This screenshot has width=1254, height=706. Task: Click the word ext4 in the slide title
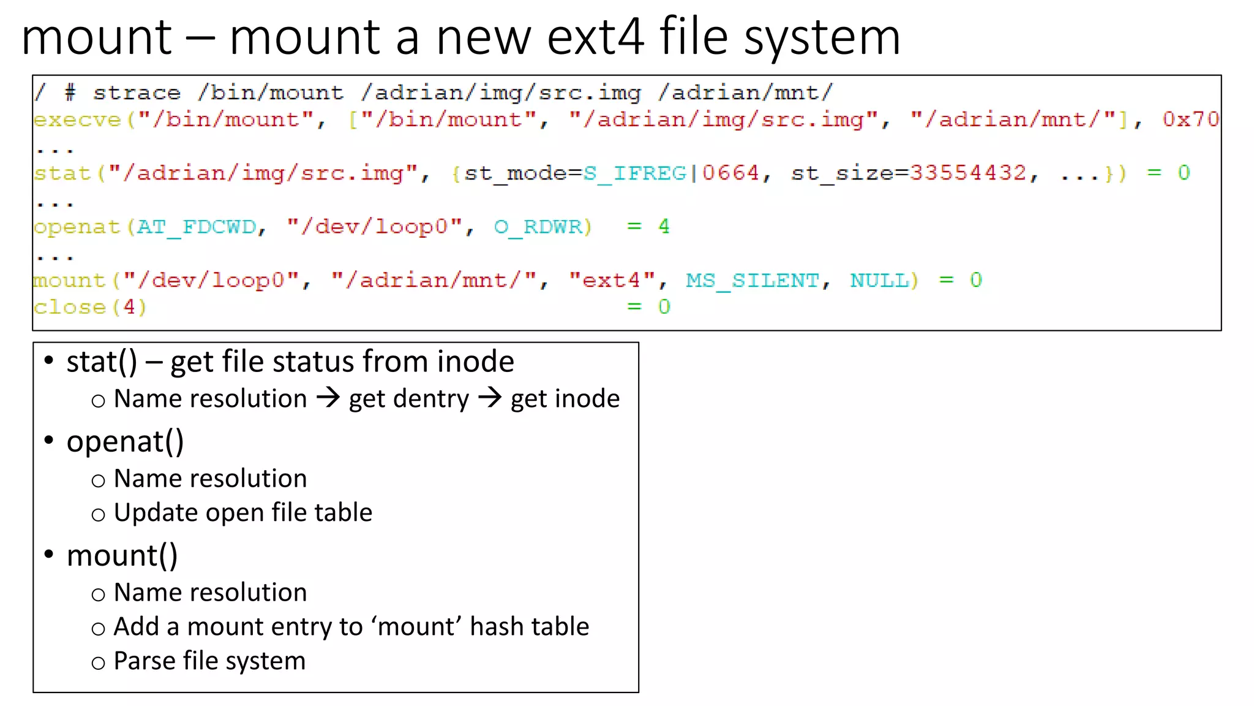(x=595, y=38)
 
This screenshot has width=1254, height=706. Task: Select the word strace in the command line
(x=137, y=93)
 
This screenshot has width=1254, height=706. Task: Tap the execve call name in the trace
(x=78, y=120)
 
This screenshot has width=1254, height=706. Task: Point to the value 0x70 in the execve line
(x=1190, y=120)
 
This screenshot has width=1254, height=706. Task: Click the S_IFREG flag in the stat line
(x=635, y=173)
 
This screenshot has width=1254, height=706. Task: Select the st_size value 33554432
(x=967, y=173)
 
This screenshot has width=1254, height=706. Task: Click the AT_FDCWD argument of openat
(x=197, y=227)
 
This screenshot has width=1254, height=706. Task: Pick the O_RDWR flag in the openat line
(x=538, y=227)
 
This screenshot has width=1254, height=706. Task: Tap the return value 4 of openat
(x=664, y=227)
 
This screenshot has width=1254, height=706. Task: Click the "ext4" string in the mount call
(x=612, y=281)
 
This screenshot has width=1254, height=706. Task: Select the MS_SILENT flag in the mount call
(x=753, y=281)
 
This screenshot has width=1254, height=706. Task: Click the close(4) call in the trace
(x=90, y=307)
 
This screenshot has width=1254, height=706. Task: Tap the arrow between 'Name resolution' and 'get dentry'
(x=328, y=398)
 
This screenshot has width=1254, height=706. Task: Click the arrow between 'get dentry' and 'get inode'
(x=490, y=398)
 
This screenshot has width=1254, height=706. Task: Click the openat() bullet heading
(x=125, y=442)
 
